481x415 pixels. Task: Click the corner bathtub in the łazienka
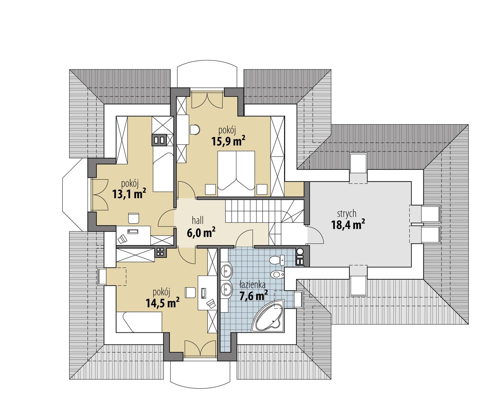[268, 318]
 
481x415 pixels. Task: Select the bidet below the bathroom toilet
[277, 274]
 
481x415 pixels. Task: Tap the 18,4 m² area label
[348, 225]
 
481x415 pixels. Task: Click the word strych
[347, 214]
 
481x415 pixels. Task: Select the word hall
[198, 220]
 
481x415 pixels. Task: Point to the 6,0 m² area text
[201, 232]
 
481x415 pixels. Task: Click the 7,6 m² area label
[253, 296]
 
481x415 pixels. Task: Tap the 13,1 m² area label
[129, 194]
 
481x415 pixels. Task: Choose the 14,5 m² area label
[163, 303]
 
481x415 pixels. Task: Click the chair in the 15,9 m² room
[195, 129]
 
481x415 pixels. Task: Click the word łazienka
[252, 284]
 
